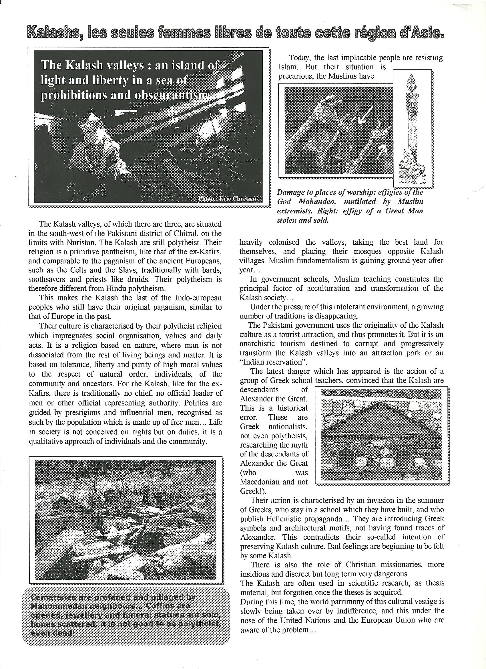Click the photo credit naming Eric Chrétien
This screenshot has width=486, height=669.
[x=227, y=199]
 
